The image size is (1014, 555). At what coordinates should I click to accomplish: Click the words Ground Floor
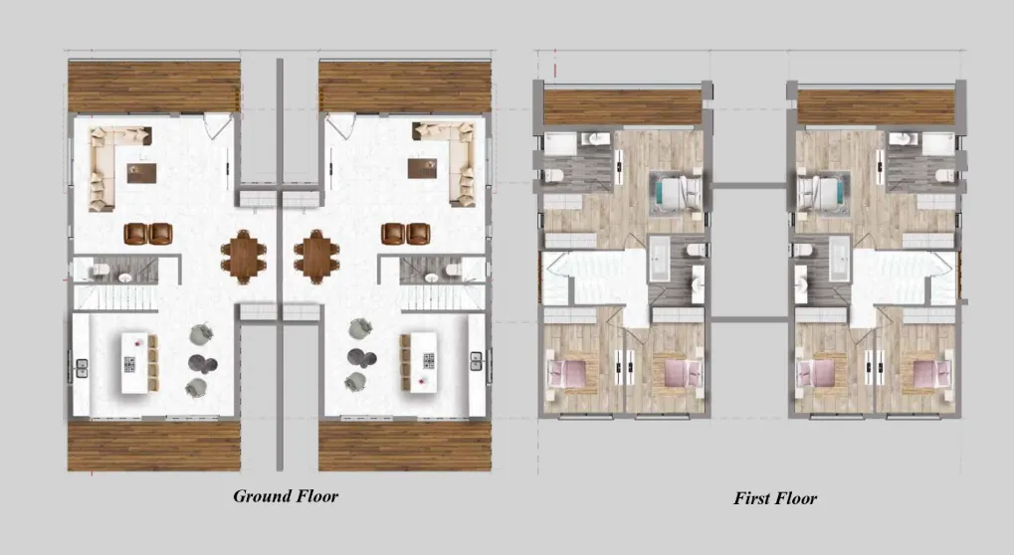286,496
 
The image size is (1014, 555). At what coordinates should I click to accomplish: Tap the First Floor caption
775,498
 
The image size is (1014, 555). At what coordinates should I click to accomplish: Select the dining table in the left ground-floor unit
243,257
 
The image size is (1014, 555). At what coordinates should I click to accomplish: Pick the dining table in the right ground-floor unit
316,257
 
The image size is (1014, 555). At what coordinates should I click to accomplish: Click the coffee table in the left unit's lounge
141,172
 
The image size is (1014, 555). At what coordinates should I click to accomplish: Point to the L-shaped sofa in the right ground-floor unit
453,161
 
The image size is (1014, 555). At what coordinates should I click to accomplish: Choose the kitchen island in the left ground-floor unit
139,362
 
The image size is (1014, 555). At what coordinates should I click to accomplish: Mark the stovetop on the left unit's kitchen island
129,365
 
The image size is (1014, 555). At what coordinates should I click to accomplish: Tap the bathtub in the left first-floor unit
660,259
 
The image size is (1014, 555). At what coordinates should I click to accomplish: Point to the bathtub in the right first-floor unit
839,259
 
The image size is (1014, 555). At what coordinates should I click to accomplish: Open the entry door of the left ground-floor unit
218,126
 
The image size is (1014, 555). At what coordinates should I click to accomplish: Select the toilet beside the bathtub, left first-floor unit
696,250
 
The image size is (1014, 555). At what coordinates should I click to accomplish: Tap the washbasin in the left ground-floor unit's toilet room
124,277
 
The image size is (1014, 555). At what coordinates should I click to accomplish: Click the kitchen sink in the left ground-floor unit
83,368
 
